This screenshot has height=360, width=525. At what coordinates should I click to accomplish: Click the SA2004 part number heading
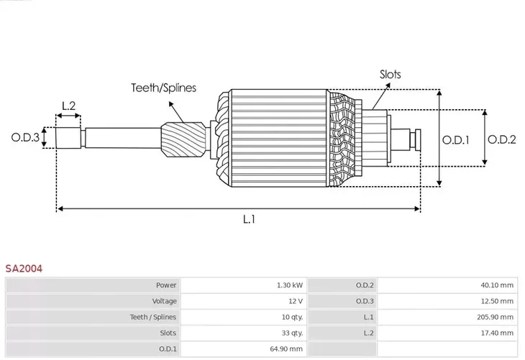[24, 268]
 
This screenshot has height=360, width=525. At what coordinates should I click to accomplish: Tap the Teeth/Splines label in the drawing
[164, 88]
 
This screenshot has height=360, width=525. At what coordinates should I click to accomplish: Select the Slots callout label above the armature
[390, 74]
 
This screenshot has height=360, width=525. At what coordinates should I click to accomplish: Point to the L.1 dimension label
[249, 219]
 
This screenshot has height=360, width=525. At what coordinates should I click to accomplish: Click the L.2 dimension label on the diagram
[68, 106]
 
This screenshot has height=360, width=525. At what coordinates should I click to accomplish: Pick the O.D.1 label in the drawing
[456, 140]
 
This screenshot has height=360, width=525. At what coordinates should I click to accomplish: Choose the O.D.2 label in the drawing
[501, 139]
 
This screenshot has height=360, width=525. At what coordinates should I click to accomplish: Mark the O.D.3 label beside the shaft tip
[25, 137]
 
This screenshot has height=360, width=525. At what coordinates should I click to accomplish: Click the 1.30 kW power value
[290, 285]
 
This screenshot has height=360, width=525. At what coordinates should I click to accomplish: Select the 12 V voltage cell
[296, 301]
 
